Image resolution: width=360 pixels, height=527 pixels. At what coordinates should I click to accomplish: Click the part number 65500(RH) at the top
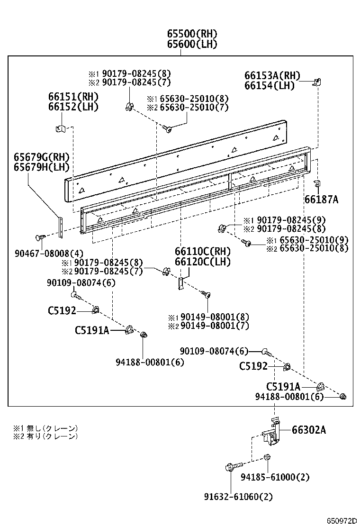191,34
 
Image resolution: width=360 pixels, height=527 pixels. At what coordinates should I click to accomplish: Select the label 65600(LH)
191,44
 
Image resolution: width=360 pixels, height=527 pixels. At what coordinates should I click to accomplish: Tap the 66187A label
321,200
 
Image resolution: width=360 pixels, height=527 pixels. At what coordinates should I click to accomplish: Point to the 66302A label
308,430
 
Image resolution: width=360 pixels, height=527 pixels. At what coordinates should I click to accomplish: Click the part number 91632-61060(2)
238,497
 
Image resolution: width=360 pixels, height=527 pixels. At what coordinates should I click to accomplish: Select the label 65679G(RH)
41,157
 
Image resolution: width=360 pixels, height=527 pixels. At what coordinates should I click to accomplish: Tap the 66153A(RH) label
272,75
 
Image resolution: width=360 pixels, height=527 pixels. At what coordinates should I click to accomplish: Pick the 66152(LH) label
73,107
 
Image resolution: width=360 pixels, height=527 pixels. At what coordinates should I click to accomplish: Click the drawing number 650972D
340,521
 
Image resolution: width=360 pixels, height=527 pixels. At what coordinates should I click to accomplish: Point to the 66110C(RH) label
202,251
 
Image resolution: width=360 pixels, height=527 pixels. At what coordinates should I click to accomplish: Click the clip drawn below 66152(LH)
60,127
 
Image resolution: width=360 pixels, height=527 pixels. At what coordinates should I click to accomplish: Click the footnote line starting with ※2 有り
45,436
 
